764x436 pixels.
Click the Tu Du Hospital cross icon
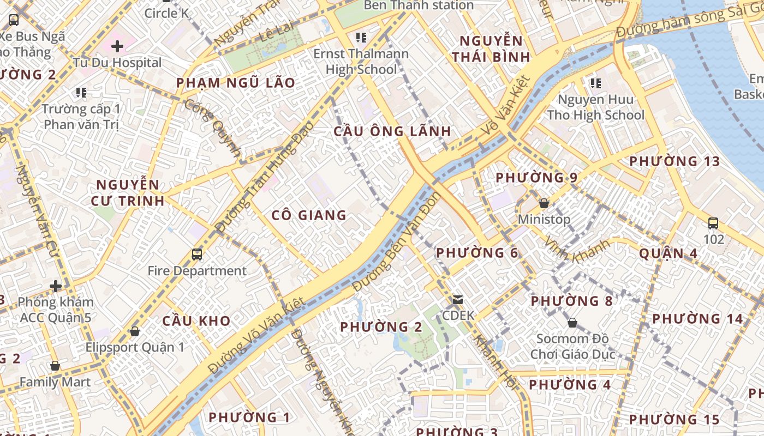click(x=117, y=46)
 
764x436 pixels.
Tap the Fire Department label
click(x=197, y=271)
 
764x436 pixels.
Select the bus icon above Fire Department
click(x=197, y=254)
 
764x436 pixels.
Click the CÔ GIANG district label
click(x=309, y=215)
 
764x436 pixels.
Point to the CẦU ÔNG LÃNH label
click(x=392, y=131)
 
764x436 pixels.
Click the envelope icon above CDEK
click(x=458, y=299)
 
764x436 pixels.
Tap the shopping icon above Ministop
click(x=544, y=204)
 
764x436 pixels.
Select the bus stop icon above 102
click(x=713, y=223)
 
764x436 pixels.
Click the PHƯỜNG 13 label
click(x=675, y=161)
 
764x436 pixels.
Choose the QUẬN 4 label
click(x=668, y=253)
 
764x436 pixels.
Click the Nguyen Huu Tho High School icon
click(x=595, y=83)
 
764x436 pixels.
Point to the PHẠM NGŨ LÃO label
click(x=236, y=83)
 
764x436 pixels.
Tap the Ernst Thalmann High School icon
click(x=361, y=38)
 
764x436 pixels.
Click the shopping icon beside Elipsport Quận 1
click(x=134, y=331)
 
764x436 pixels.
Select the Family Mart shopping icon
click(x=55, y=366)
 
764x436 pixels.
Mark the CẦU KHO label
click(x=196, y=321)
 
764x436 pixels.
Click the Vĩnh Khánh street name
click(x=577, y=252)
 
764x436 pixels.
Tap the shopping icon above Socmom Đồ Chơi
click(x=572, y=323)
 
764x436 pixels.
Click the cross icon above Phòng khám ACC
click(x=55, y=286)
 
